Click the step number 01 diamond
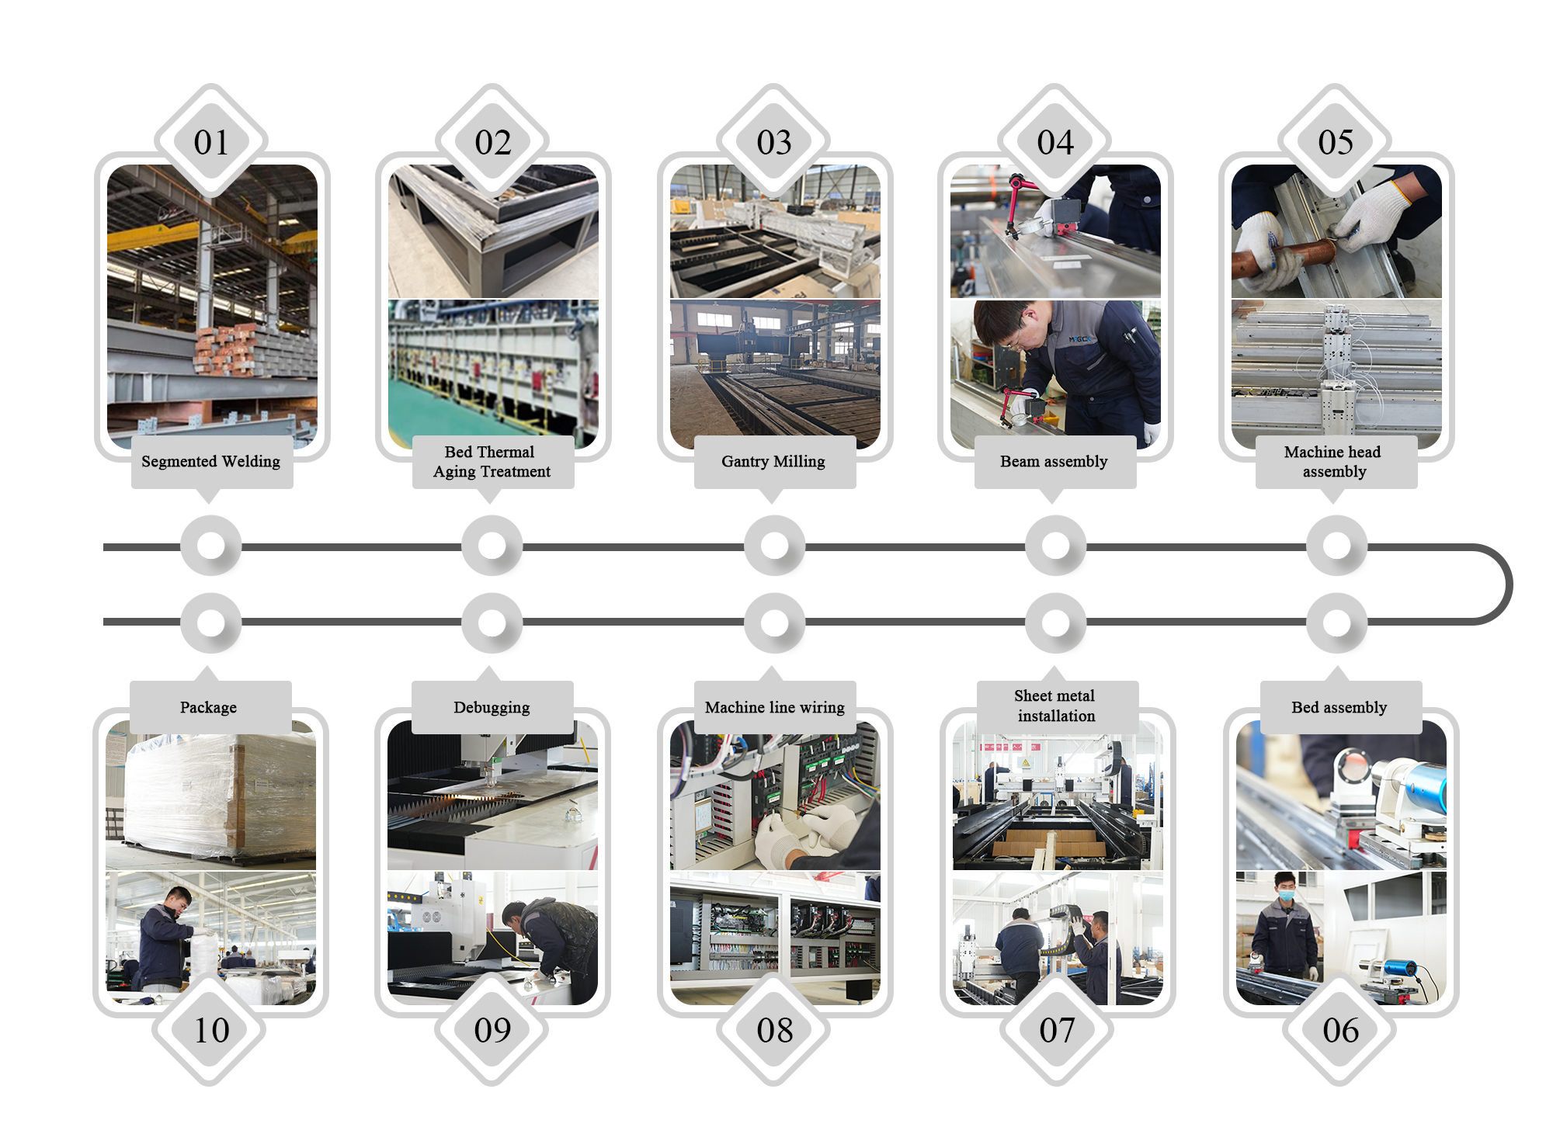(x=211, y=141)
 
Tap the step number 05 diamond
(x=1336, y=141)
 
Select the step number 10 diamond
(x=211, y=1030)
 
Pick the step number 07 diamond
(x=1057, y=1030)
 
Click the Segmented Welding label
(x=211, y=462)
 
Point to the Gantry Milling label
(x=774, y=462)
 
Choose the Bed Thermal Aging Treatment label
(x=492, y=462)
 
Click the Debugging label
(x=492, y=707)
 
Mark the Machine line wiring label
(x=775, y=707)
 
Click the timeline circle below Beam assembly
(x=1055, y=546)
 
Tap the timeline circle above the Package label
(x=211, y=623)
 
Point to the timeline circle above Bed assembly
(x=1336, y=623)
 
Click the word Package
(x=208, y=708)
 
